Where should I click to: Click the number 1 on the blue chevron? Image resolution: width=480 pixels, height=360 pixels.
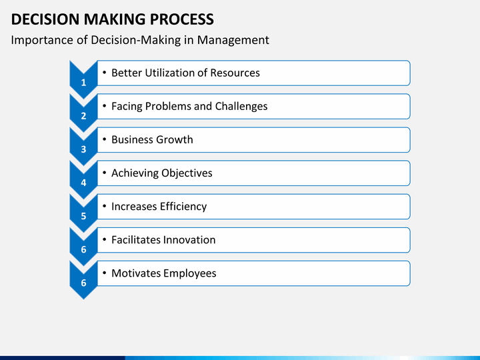[x=83, y=83]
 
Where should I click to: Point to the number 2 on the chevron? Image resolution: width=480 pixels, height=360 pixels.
[x=83, y=116]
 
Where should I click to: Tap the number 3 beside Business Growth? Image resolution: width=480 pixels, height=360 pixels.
[x=83, y=149]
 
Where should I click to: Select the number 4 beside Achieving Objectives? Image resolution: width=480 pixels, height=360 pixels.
[x=83, y=183]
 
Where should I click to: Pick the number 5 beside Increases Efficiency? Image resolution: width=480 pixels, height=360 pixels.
[x=83, y=216]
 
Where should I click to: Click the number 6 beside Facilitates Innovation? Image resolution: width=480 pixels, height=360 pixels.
[x=83, y=249]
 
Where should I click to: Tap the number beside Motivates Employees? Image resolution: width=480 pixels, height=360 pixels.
[x=83, y=283]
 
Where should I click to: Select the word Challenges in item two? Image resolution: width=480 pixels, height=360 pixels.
[x=241, y=106]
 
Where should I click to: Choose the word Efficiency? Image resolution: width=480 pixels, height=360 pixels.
[x=183, y=206]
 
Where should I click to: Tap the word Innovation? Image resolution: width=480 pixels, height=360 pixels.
[x=189, y=239]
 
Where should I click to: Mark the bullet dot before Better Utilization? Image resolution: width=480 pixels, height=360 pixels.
[x=103, y=73]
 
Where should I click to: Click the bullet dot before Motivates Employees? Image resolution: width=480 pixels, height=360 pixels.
[x=103, y=273]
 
